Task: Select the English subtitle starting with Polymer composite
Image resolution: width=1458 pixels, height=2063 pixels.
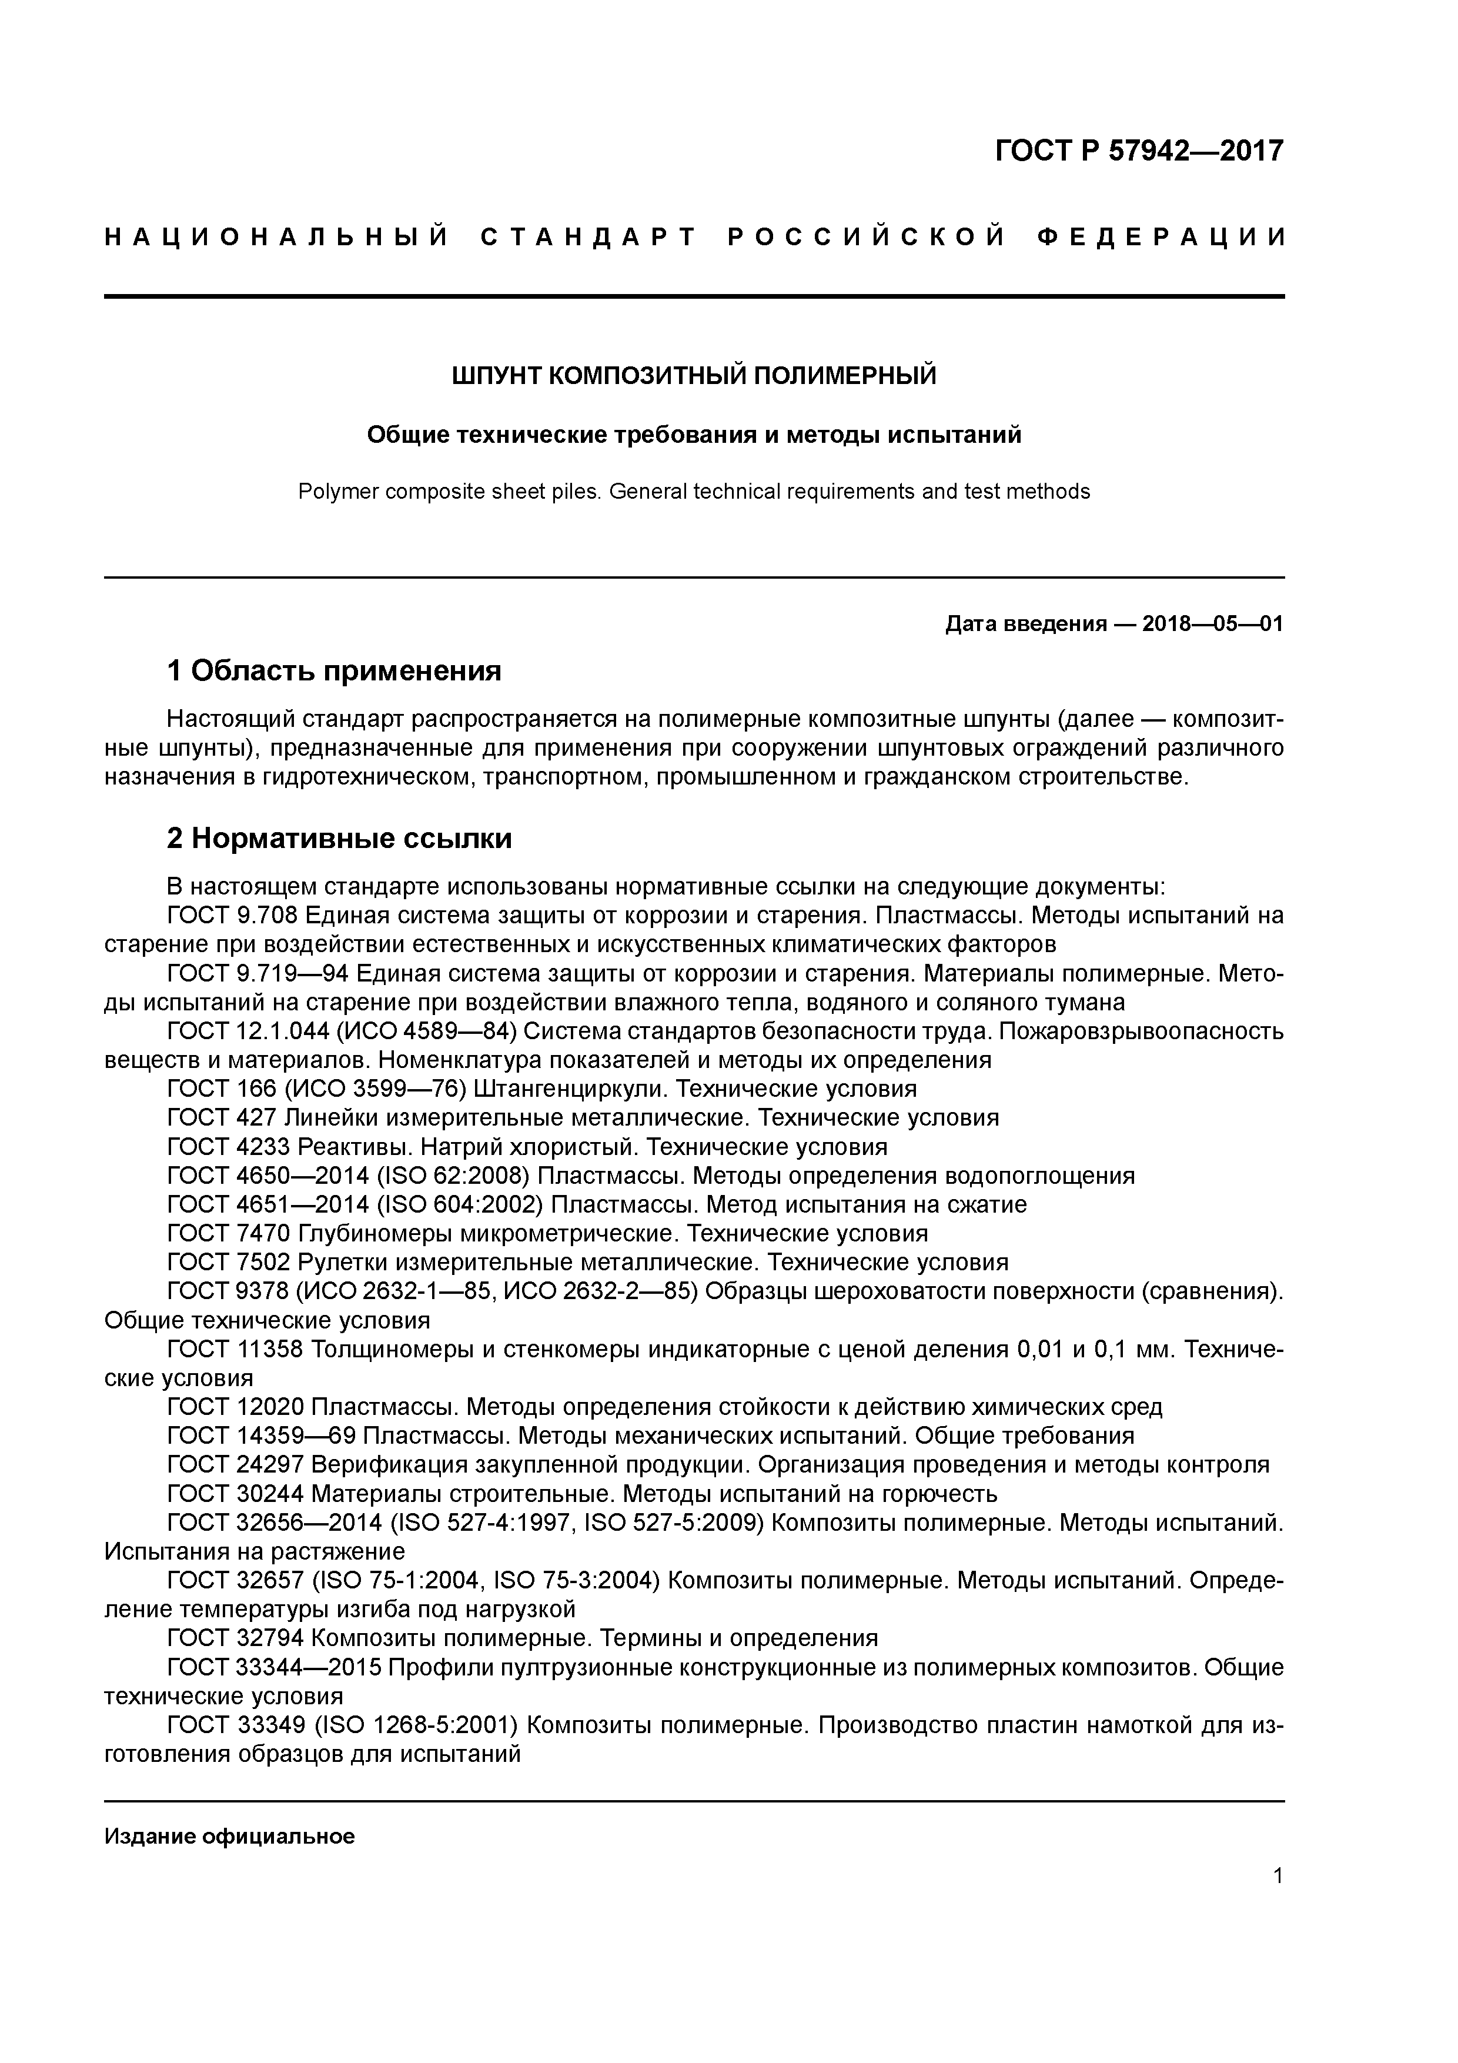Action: (694, 492)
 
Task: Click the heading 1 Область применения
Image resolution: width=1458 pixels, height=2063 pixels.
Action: (333, 670)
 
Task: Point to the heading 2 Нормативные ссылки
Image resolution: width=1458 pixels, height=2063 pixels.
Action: (340, 839)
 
